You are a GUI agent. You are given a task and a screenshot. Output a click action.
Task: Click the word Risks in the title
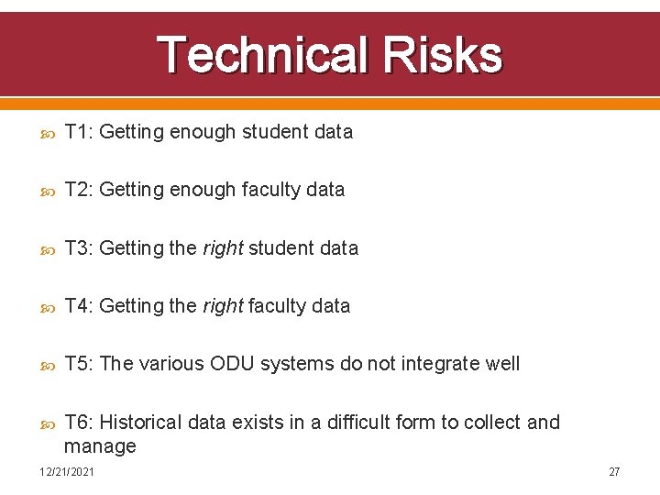(443, 55)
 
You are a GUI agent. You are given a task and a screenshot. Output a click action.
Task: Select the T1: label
(79, 132)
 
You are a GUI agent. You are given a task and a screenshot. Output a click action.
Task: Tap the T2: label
(79, 190)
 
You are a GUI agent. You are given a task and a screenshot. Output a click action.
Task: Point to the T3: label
(79, 247)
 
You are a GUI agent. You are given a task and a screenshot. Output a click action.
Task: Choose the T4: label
(79, 305)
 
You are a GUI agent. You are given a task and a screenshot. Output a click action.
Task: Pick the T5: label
(79, 364)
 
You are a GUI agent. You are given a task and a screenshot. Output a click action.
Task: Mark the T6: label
(79, 422)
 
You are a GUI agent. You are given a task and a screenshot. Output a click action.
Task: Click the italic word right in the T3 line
(223, 248)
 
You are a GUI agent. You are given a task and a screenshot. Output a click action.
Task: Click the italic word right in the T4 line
(223, 306)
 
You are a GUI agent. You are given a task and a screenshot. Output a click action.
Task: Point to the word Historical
(140, 422)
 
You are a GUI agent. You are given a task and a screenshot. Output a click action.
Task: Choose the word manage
(100, 446)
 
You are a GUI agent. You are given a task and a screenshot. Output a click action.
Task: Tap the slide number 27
(614, 471)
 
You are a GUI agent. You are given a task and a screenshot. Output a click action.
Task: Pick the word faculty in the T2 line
(272, 190)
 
